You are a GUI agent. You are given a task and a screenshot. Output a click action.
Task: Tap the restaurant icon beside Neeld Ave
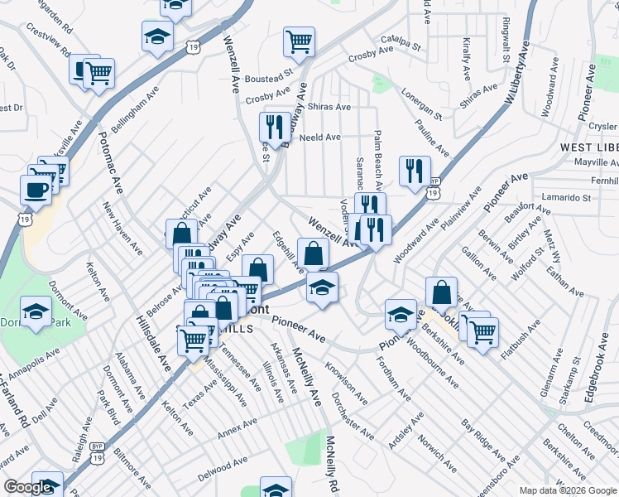[x=274, y=127]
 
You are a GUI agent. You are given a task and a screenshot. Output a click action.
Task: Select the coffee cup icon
[x=36, y=188]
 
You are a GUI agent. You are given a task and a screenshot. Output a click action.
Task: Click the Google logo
[x=27, y=487]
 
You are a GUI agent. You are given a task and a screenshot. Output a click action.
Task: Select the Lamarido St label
[x=564, y=198]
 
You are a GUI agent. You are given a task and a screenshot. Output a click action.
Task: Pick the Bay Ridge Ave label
[x=483, y=445]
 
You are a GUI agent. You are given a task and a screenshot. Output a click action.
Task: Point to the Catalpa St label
[x=401, y=39]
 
